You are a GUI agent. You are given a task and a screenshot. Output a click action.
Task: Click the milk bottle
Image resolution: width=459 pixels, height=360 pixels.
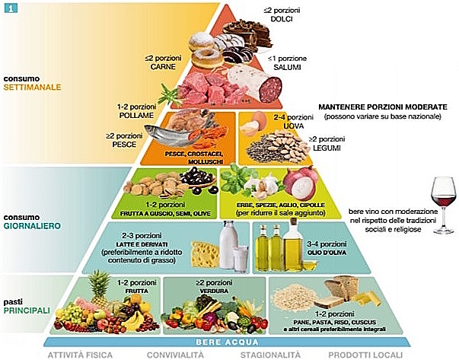[x=229, y=245]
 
